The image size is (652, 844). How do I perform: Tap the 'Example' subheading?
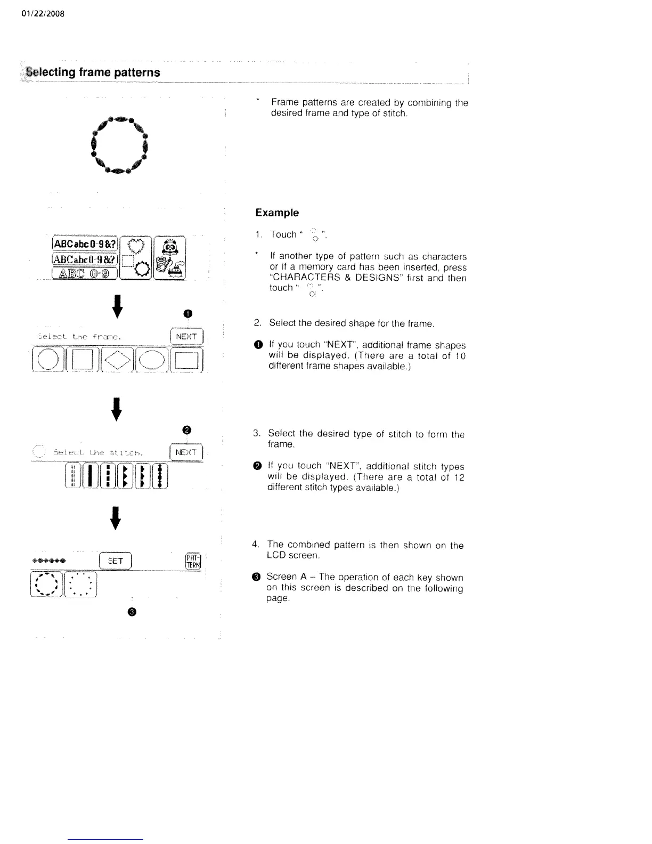[x=276, y=213]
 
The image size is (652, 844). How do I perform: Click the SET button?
[x=116, y=561]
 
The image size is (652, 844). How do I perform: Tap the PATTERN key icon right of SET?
[x=191, y=561]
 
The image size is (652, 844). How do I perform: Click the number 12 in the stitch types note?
[x=459, y=477]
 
